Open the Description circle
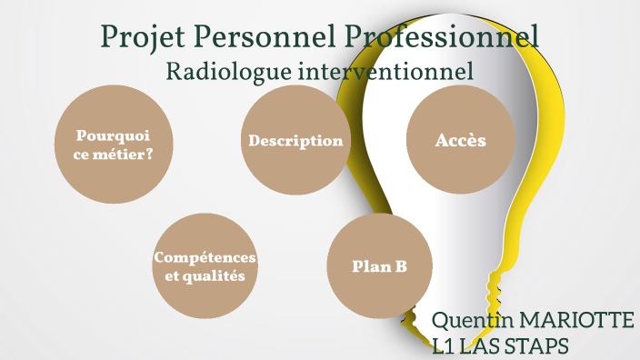pos(295,142)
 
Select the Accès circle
pos(461,141)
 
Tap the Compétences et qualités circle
pos(205,266)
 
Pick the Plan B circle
pos(379,266)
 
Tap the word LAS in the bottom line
pos(481,347)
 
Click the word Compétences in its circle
pos(205,257)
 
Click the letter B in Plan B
pos(400,266)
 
